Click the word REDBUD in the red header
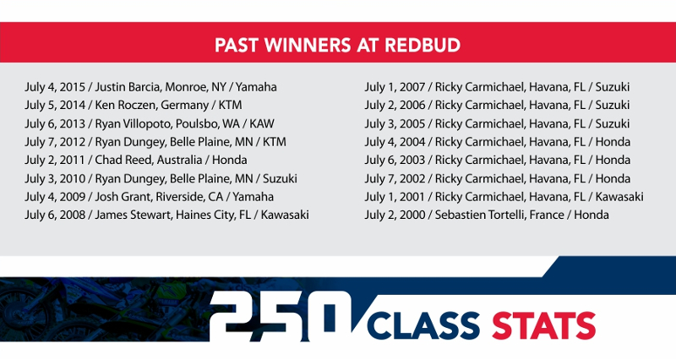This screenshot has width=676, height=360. [422, 46]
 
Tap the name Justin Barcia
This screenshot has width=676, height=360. [128, 87]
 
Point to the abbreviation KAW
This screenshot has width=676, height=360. [262, 123]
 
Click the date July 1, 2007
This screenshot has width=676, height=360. [395, 87]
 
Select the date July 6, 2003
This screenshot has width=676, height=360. [395, 160]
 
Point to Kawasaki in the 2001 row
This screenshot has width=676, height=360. [619, 197]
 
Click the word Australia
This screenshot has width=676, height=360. [179, 160]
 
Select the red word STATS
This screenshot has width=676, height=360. [543, 325]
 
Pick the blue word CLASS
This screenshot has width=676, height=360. [423, 325]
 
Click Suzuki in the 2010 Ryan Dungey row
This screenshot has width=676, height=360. [280, 178]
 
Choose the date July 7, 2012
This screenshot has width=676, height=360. [55, 142]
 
